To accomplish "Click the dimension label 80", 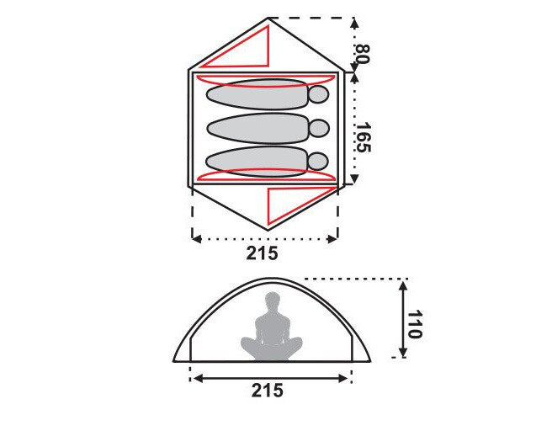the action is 363,54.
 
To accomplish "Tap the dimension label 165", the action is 364,137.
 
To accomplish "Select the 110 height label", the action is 415,324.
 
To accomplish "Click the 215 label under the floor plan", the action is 262,253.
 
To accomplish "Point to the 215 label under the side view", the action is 268,390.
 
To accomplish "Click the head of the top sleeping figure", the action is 319,94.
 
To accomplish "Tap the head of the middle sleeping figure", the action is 319,129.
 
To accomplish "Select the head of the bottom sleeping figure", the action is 318,162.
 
